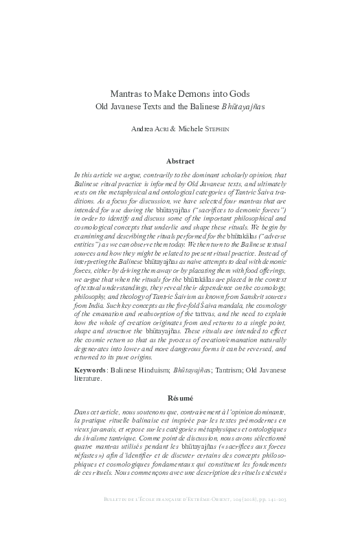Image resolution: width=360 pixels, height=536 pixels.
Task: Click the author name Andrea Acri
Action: pyautogui.click(x=148, y=128)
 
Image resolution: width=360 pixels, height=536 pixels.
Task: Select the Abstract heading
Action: pyautogui.click(x=179, y=162)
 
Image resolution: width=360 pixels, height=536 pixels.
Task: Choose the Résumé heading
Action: pyautogui.click(x=179, y=398)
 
